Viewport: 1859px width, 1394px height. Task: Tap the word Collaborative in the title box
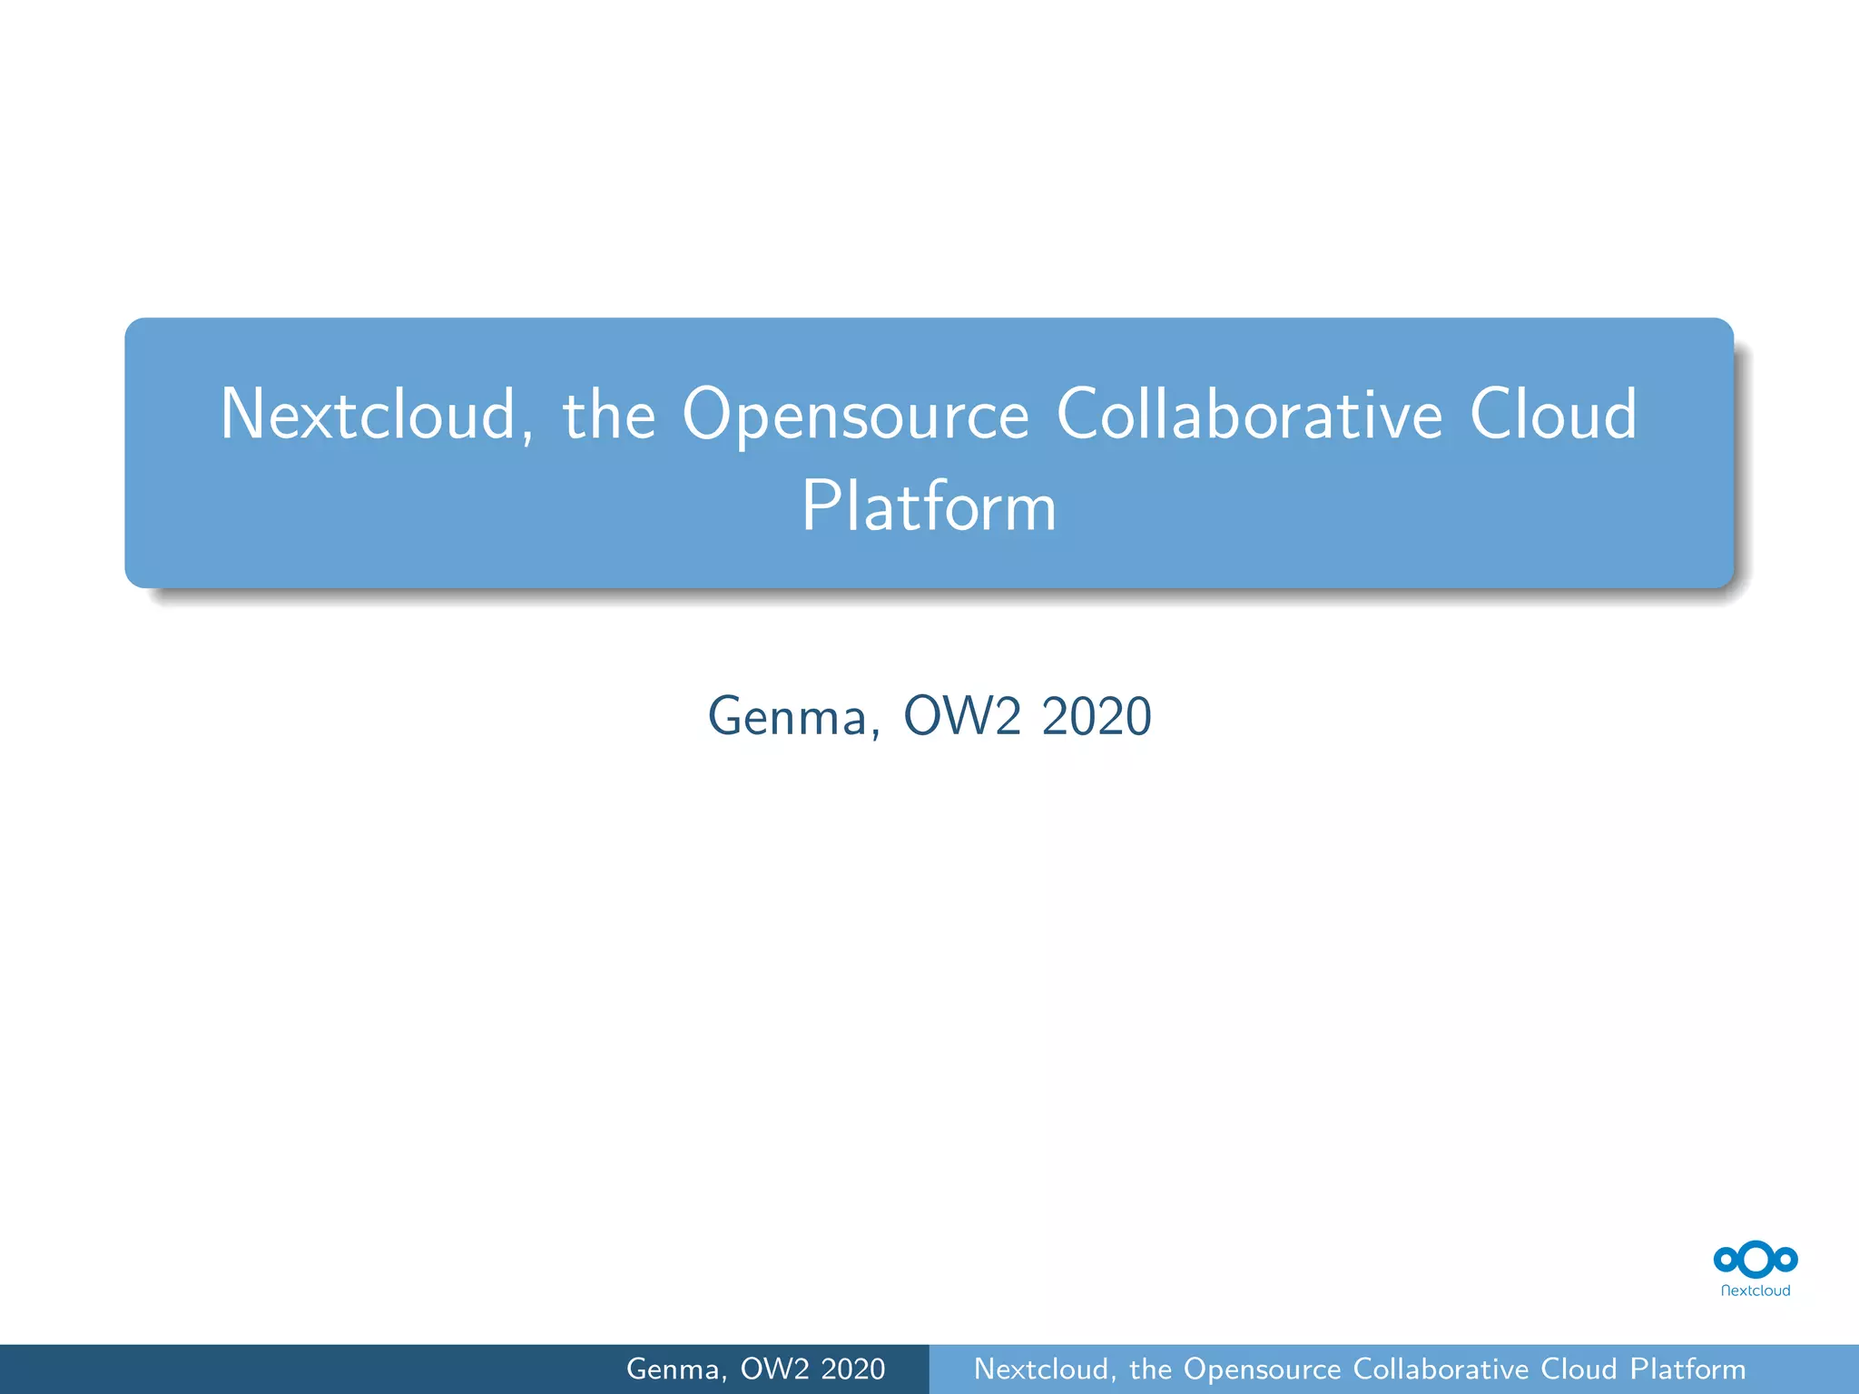[1249, 415]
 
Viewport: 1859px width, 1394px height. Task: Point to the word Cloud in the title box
[1553, 415]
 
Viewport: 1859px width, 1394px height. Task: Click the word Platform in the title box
[929, 506]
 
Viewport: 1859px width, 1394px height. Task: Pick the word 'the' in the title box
[608, 415]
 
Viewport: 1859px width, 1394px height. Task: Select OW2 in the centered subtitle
[962, 716]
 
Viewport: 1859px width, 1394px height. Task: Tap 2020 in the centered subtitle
[1097, 716]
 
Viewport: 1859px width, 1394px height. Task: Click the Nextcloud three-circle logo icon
[1756, 1259]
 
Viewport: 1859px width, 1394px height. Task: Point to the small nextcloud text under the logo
[1756, 1291]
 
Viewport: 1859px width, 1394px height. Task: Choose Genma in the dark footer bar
[676, 1369]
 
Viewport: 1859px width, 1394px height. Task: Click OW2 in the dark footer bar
[774, 1369]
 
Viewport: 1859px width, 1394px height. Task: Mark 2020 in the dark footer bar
[852, 1369]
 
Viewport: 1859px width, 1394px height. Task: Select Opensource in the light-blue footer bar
[1262, 1369]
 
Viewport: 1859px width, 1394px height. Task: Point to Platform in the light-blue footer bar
[1687, 1369]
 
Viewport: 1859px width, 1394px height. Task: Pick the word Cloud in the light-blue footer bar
[1579, 1369]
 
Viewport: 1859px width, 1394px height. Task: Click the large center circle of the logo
[1756, 1259]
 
